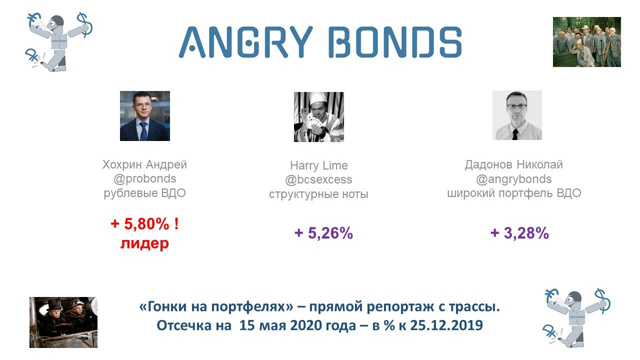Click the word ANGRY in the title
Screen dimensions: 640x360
[245, 42]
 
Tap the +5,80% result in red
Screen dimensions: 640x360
[144, 223]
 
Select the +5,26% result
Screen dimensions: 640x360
[323, 233]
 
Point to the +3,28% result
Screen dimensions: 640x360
[519, 233]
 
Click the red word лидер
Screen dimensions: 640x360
[144, 243]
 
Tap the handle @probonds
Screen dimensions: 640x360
[144, 179]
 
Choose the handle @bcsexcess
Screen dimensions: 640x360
[318, 179]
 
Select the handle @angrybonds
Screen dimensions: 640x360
[513, 179]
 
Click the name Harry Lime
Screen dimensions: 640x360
[319, 165]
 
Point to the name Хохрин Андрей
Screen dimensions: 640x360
[144, 165]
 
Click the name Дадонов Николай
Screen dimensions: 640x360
[513, 165]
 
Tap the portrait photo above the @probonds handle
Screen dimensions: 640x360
[145, 116]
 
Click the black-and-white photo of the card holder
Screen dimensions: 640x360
[319, 117]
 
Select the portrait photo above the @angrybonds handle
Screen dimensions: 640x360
[517, 115]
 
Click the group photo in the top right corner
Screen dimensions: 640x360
[587, 42]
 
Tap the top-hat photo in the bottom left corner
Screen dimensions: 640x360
[63, 322]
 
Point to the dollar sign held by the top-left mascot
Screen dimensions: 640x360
[85, 25]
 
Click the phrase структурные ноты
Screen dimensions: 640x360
[318, 194]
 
